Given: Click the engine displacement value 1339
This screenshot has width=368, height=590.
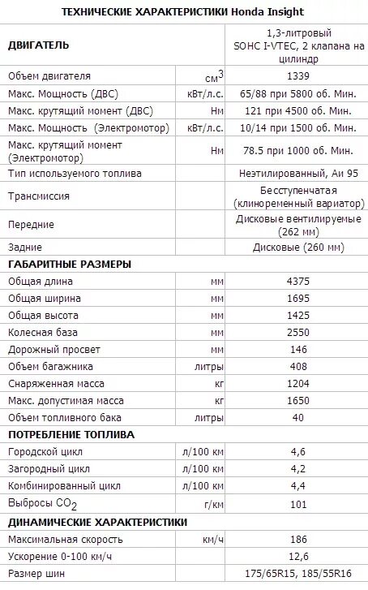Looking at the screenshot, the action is (297, 76).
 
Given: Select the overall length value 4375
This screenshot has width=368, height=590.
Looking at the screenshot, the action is (297, 281).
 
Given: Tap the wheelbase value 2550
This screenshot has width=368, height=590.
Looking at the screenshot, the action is (297, 333).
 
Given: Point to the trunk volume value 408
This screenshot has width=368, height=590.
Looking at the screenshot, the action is (297, 367).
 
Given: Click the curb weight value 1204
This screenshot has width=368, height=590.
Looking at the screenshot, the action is (297, 383).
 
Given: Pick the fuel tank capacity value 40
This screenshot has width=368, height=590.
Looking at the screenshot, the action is (297, 417).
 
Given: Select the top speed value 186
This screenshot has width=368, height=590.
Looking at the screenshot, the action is (297, 539).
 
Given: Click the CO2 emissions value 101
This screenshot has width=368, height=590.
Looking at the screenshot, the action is (297, 504).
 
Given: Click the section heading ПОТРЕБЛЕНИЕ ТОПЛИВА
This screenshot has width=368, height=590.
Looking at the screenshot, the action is (71, 434).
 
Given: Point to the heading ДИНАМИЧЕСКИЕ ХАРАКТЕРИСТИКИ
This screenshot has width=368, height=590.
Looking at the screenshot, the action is (97, 522).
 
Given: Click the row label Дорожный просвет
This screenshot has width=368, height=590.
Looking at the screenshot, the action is (53, 350).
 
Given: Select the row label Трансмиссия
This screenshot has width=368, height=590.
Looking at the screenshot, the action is (39, 196).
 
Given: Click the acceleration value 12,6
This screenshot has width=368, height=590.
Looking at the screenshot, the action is (297, 556).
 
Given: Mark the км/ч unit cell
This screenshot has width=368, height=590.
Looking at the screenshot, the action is (213, 539).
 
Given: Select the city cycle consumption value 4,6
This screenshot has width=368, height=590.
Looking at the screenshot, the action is (297, 451).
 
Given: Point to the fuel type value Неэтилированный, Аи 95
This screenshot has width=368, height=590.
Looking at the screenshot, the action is (297, 173).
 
